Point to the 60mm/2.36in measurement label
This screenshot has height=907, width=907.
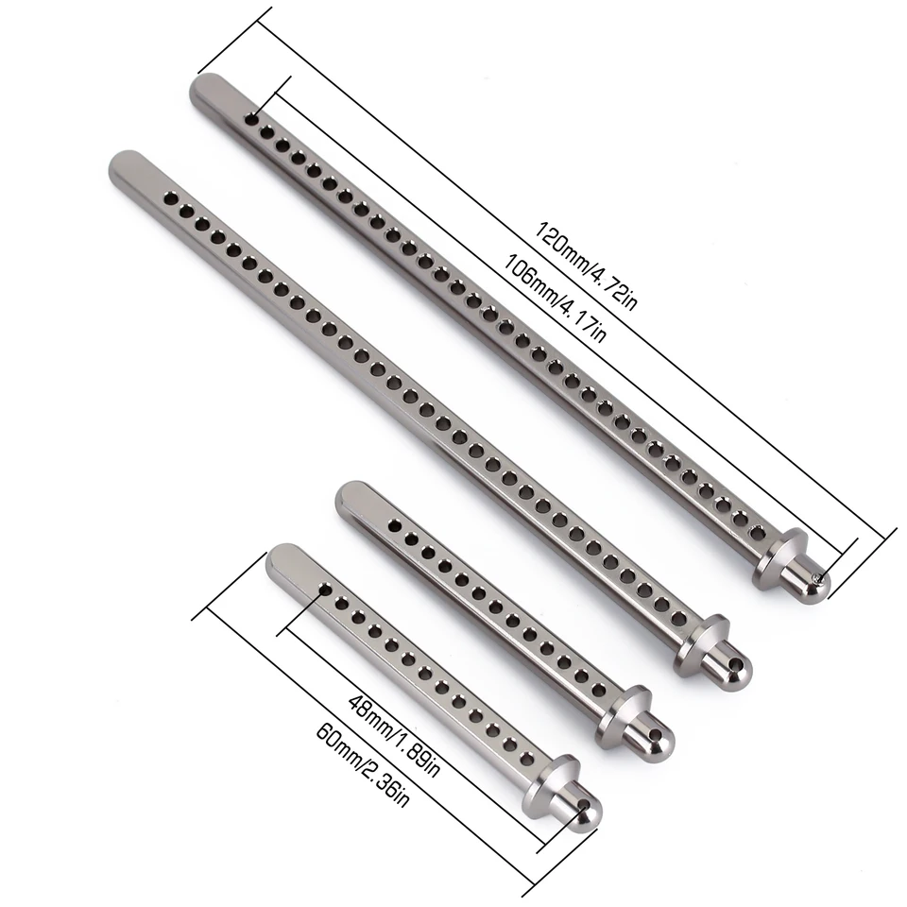[x=363, y=765]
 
